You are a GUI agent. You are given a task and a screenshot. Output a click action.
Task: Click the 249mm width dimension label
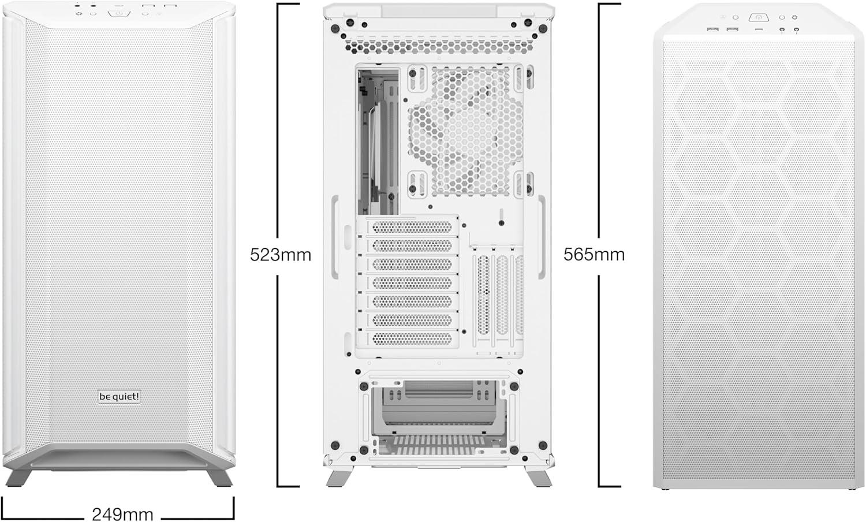pyautogui.click(x=122, y=514)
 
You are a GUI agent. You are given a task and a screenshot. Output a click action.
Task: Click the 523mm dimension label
pyautogui.click(x=281, y=255)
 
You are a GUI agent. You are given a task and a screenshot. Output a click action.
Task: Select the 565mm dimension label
pyautogui.click(x=594, y=255)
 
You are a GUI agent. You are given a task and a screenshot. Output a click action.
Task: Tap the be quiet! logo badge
pyautogui.click(x=119, y=397)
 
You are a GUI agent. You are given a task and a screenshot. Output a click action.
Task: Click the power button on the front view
pyautogui.click(x=119, y=13)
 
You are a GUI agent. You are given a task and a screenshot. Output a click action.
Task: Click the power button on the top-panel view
pyautogui.click(x=759, y=18)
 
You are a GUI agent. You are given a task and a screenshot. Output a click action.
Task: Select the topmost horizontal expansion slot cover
pyautogui.click(x=412, y=227)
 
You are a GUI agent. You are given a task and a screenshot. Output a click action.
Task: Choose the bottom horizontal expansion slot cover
pyautogui.click(x=412, y=339)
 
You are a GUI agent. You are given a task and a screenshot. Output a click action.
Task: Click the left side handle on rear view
pyautogui.click(x=335, y=237)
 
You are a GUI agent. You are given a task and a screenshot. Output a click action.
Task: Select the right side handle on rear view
pyautogui.click(x=542, y=237)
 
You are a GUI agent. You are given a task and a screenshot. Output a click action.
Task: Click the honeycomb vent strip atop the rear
pyautogui.click(x=439, y=47)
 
